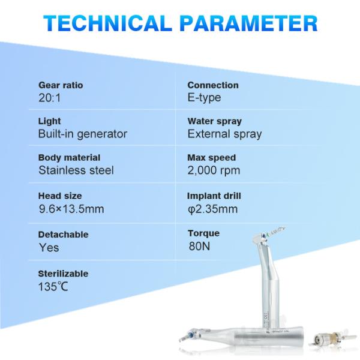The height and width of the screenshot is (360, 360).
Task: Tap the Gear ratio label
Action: [x=61, y=85]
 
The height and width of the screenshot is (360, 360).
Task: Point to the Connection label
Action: [x=212, y=85]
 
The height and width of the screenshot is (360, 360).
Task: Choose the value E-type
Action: [x=204, y=98]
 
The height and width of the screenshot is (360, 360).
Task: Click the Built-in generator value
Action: [x=82, y=134]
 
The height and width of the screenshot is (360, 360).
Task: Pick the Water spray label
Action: [x=214, y=121]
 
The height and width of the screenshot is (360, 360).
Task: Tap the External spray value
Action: [x=224, y=134]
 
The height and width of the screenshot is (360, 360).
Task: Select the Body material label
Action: [x=68, y=158]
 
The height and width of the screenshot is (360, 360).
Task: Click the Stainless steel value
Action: [x=76, y=170]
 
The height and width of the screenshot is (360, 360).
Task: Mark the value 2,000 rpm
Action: [x=214, y=170]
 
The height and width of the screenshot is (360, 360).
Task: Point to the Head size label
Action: [x=60, y=196]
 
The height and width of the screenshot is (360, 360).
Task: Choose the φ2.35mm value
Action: [x=212, y=209]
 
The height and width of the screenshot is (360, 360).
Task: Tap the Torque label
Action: [x=203, y=233]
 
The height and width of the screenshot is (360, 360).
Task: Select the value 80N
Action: [x=199, y=245]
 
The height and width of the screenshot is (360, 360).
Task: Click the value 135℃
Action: [x=53, y=286]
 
